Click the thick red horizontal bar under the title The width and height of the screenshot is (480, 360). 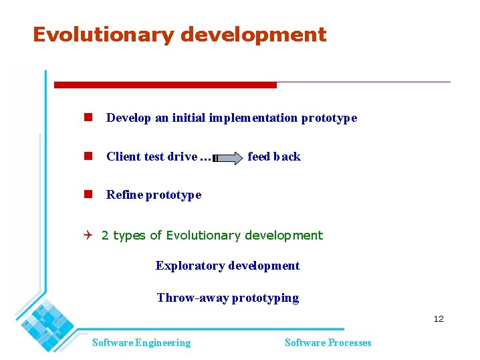coord(165,85)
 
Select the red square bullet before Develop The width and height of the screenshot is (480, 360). coord(87,118)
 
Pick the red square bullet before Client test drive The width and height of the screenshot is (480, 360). coord(87,156)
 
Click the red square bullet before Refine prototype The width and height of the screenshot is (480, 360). coord(87,195)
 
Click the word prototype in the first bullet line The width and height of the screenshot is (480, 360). coord(329,118)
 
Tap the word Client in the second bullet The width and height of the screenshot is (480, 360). coord(122,157)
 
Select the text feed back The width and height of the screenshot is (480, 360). coord(273,157)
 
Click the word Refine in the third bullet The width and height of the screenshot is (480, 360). coord(124,195)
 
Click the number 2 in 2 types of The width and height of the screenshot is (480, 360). coord(105,236)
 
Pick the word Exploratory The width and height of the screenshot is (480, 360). coord(190,266)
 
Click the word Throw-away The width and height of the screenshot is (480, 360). coord(193,298)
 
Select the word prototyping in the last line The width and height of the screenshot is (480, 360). coord(265,298)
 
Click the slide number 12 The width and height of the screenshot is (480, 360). coord(438,319)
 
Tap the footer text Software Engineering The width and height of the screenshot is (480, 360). coord(141,343)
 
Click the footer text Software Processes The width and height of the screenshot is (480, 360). coord(328,343)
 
